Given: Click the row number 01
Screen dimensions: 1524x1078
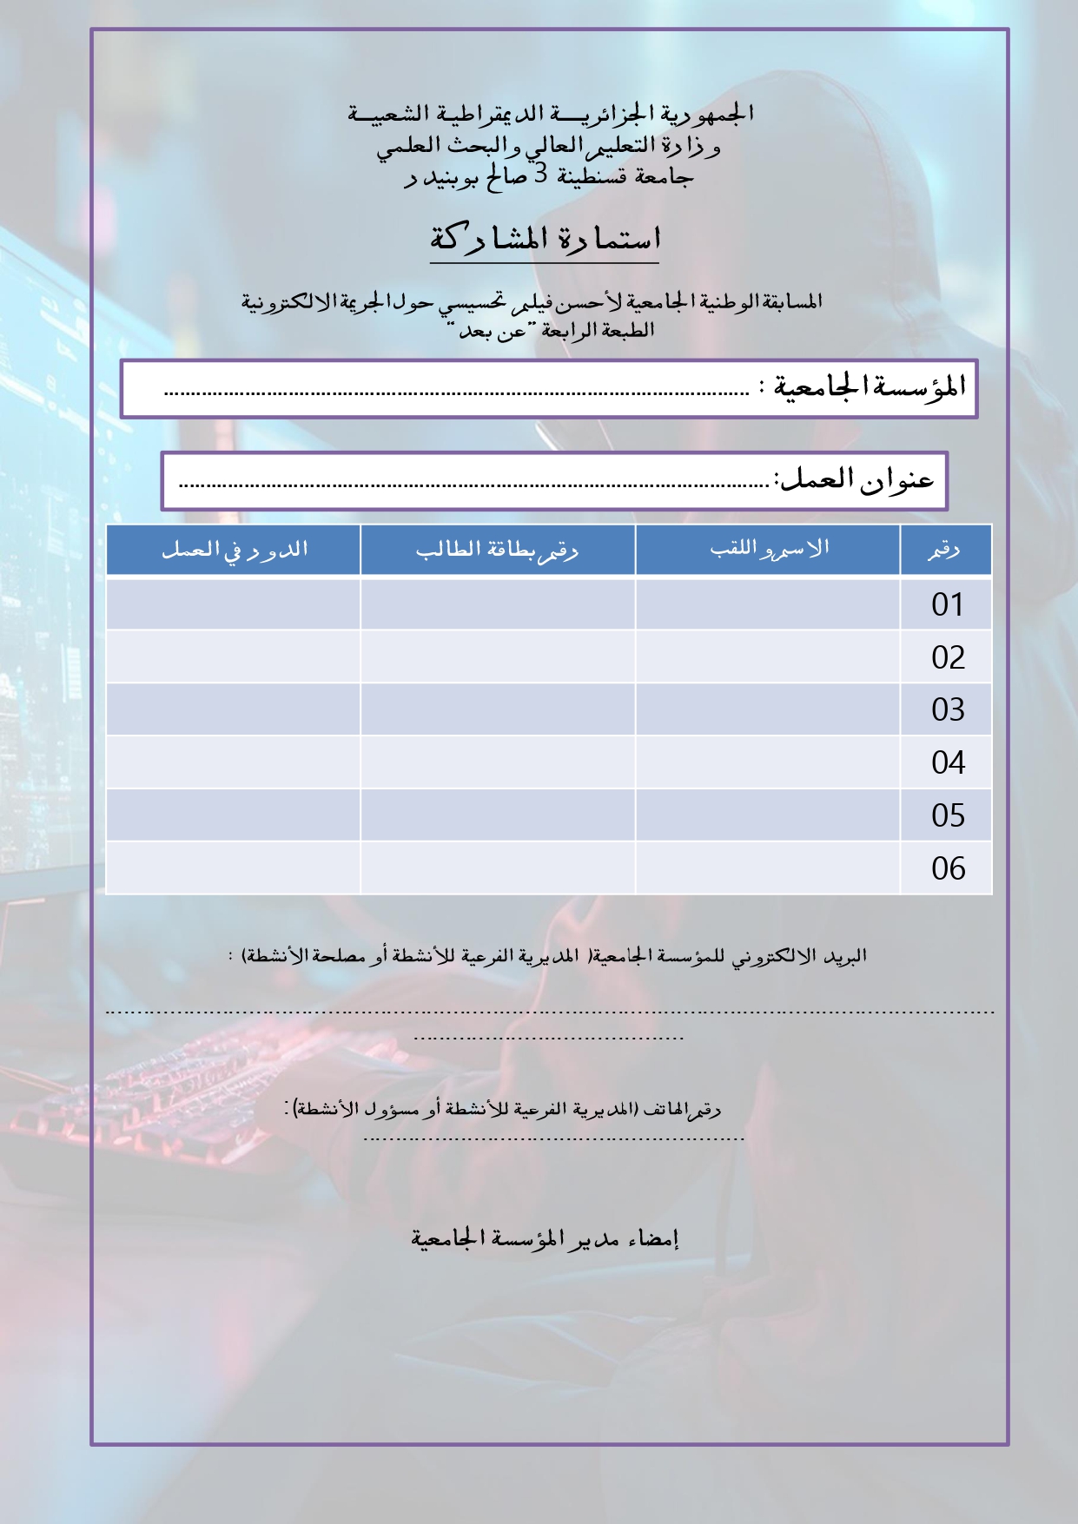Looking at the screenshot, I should (x=947, y=604).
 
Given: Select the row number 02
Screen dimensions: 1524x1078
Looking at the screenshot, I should (x=947, y=657).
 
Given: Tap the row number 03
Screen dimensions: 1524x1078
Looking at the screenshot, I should (x=947, y=709).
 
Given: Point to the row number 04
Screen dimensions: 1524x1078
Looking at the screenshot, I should (x=947, y=762).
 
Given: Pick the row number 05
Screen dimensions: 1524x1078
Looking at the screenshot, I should (x=947, y=815).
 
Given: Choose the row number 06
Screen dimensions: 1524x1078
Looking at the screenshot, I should (x=947, y=868).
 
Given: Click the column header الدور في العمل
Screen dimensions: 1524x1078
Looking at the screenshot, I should (x=235, y=550).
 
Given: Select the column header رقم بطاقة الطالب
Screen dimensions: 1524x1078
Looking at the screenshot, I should (x=497, y=550).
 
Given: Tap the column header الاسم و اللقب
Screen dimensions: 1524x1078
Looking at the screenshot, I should (x=769, y=549).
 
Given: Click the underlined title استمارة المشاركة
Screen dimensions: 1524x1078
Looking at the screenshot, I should (x=546, y=239).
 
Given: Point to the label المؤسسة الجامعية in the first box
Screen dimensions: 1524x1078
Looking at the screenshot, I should (x=869, y=386).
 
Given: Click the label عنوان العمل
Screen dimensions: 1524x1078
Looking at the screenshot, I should (x=856, y=479).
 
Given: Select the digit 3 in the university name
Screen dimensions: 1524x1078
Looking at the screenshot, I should (x=540, y=175).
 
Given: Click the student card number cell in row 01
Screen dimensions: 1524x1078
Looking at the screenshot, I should (x=497, y=604).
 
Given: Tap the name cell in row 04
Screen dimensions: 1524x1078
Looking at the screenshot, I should (x=767, y=762).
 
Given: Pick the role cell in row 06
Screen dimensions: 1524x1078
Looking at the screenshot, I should (x=233, y=868).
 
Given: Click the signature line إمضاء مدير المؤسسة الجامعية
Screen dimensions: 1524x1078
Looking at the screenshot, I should (x=545, y=1238).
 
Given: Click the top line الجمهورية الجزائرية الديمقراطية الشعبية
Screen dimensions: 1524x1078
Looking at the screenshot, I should (x=551, y=113).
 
